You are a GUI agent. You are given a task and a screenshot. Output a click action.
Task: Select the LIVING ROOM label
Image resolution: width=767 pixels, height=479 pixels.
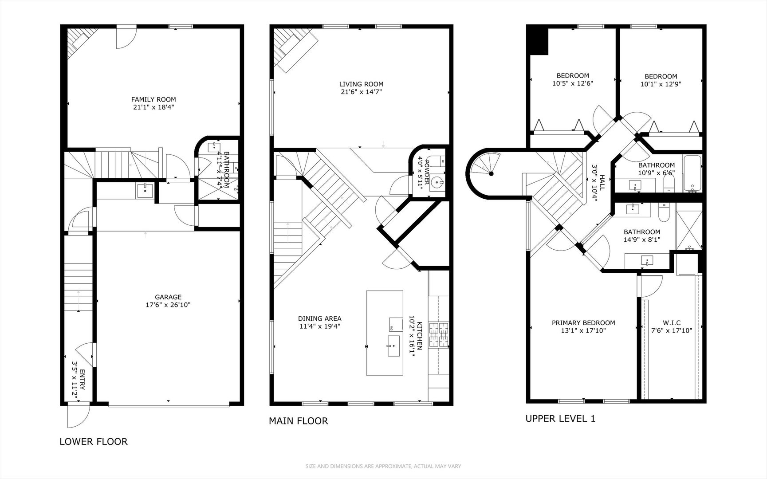[x=361, y=84]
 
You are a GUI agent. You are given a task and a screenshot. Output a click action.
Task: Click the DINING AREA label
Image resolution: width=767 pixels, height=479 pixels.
[x=319, y=318]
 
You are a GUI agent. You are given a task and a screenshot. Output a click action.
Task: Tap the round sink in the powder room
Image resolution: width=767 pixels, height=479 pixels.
[x=437, y=181]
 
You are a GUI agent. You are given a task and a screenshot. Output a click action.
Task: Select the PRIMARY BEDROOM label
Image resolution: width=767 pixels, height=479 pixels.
[x=583, y=323]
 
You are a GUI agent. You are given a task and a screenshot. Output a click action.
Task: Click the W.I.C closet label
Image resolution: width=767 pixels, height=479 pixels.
[x=671, y=323]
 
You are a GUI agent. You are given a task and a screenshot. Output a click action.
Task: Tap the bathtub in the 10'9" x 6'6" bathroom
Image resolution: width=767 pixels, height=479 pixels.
[x=692, y=173]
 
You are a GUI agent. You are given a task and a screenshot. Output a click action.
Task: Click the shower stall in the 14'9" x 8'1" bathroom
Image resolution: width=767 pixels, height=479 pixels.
[x=689, y=230]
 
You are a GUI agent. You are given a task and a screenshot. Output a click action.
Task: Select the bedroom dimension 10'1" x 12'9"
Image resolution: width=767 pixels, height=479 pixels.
[x=661, y=84]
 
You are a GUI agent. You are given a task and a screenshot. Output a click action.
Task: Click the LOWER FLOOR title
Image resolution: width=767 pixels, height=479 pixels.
[x=94, y=441]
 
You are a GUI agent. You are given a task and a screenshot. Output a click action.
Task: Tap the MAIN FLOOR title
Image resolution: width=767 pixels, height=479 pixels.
[x=298, y=421]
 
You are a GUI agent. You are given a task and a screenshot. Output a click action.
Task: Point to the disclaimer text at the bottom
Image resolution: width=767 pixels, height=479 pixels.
[x=383, y=466]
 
